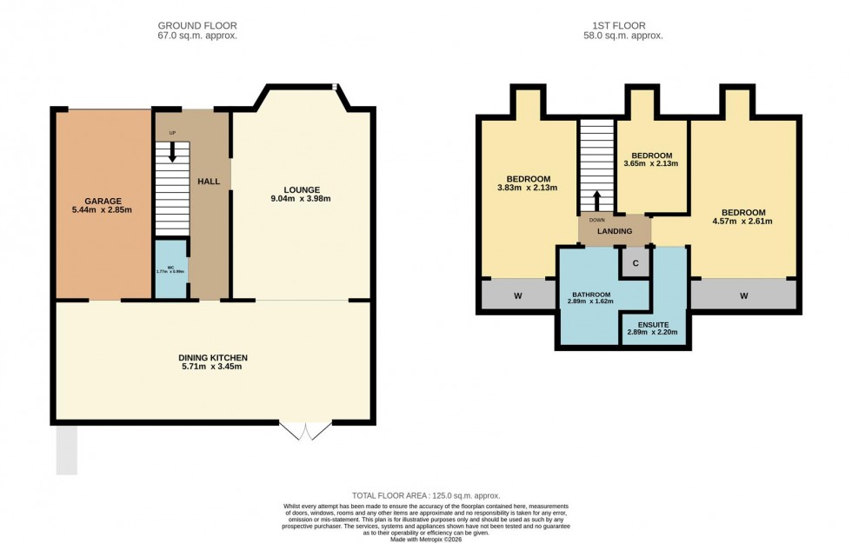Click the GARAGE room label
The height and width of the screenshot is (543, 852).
tap(103, 200)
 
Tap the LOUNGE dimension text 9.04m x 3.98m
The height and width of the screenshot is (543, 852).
tap(301, 199)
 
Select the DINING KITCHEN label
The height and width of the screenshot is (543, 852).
tap(213, 357)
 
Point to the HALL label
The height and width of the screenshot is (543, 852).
tap(209, 182)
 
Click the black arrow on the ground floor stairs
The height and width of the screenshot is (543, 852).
tap(172, 152)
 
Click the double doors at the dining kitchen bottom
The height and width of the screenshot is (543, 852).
tap(306, 431)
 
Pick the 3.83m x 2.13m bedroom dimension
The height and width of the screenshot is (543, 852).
tap(527, 188)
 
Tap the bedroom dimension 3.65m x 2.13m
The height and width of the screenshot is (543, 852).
tap(650, 162)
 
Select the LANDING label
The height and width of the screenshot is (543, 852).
tap(614, 231)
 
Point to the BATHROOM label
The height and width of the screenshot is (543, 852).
tap(590, 295)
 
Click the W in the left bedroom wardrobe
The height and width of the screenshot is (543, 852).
tap(517, 296)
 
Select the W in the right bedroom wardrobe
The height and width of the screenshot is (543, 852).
tap(744, 296)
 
